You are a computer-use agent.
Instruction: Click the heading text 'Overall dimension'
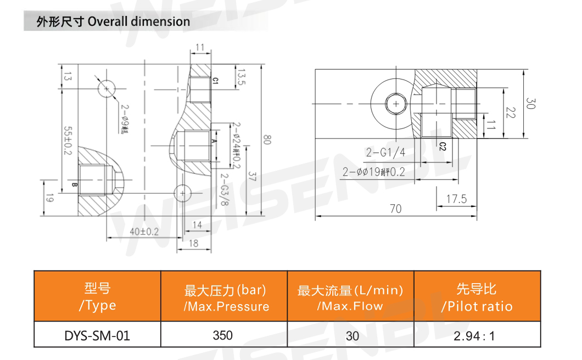coord(138,22)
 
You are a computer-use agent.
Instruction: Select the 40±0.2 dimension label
coord(144,232)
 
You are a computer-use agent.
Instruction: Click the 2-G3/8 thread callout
coord(224,189)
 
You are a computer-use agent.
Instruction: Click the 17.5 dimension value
coord(456,199)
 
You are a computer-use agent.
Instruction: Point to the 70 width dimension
coord(395,209)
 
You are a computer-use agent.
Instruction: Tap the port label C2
coord(442,145)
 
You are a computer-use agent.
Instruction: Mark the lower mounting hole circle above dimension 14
coord(182,193)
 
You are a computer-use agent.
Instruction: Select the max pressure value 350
coord(223,335)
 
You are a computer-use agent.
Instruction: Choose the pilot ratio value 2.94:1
coord(477,335)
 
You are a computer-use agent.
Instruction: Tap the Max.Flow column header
coord(350,297)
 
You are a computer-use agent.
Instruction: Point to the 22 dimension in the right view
coord(511,113)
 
